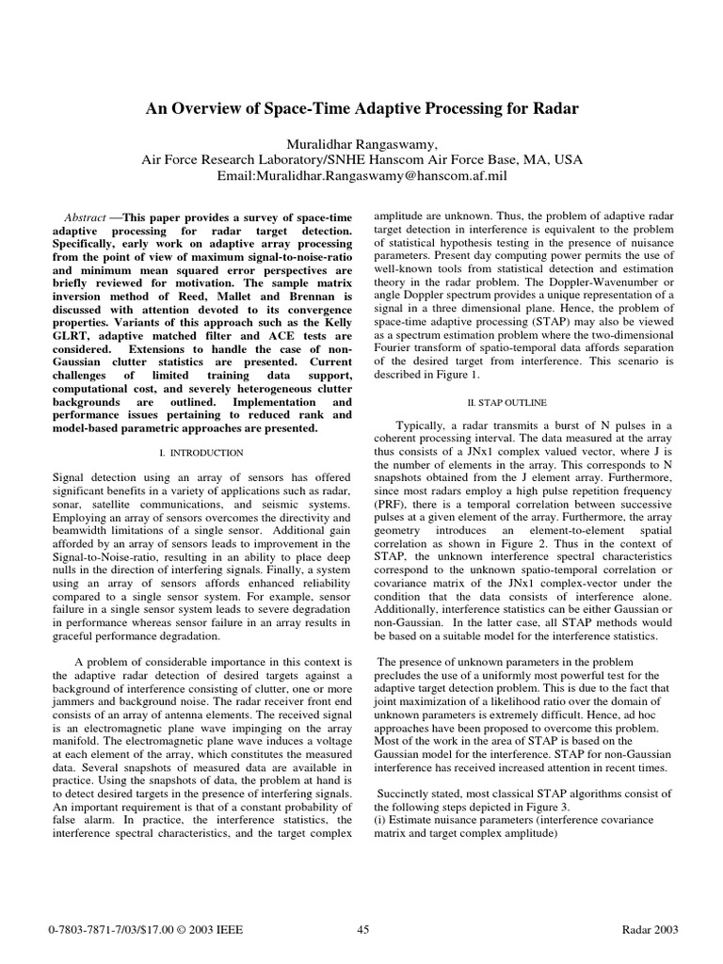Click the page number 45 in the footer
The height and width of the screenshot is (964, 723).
coord(363,931)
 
